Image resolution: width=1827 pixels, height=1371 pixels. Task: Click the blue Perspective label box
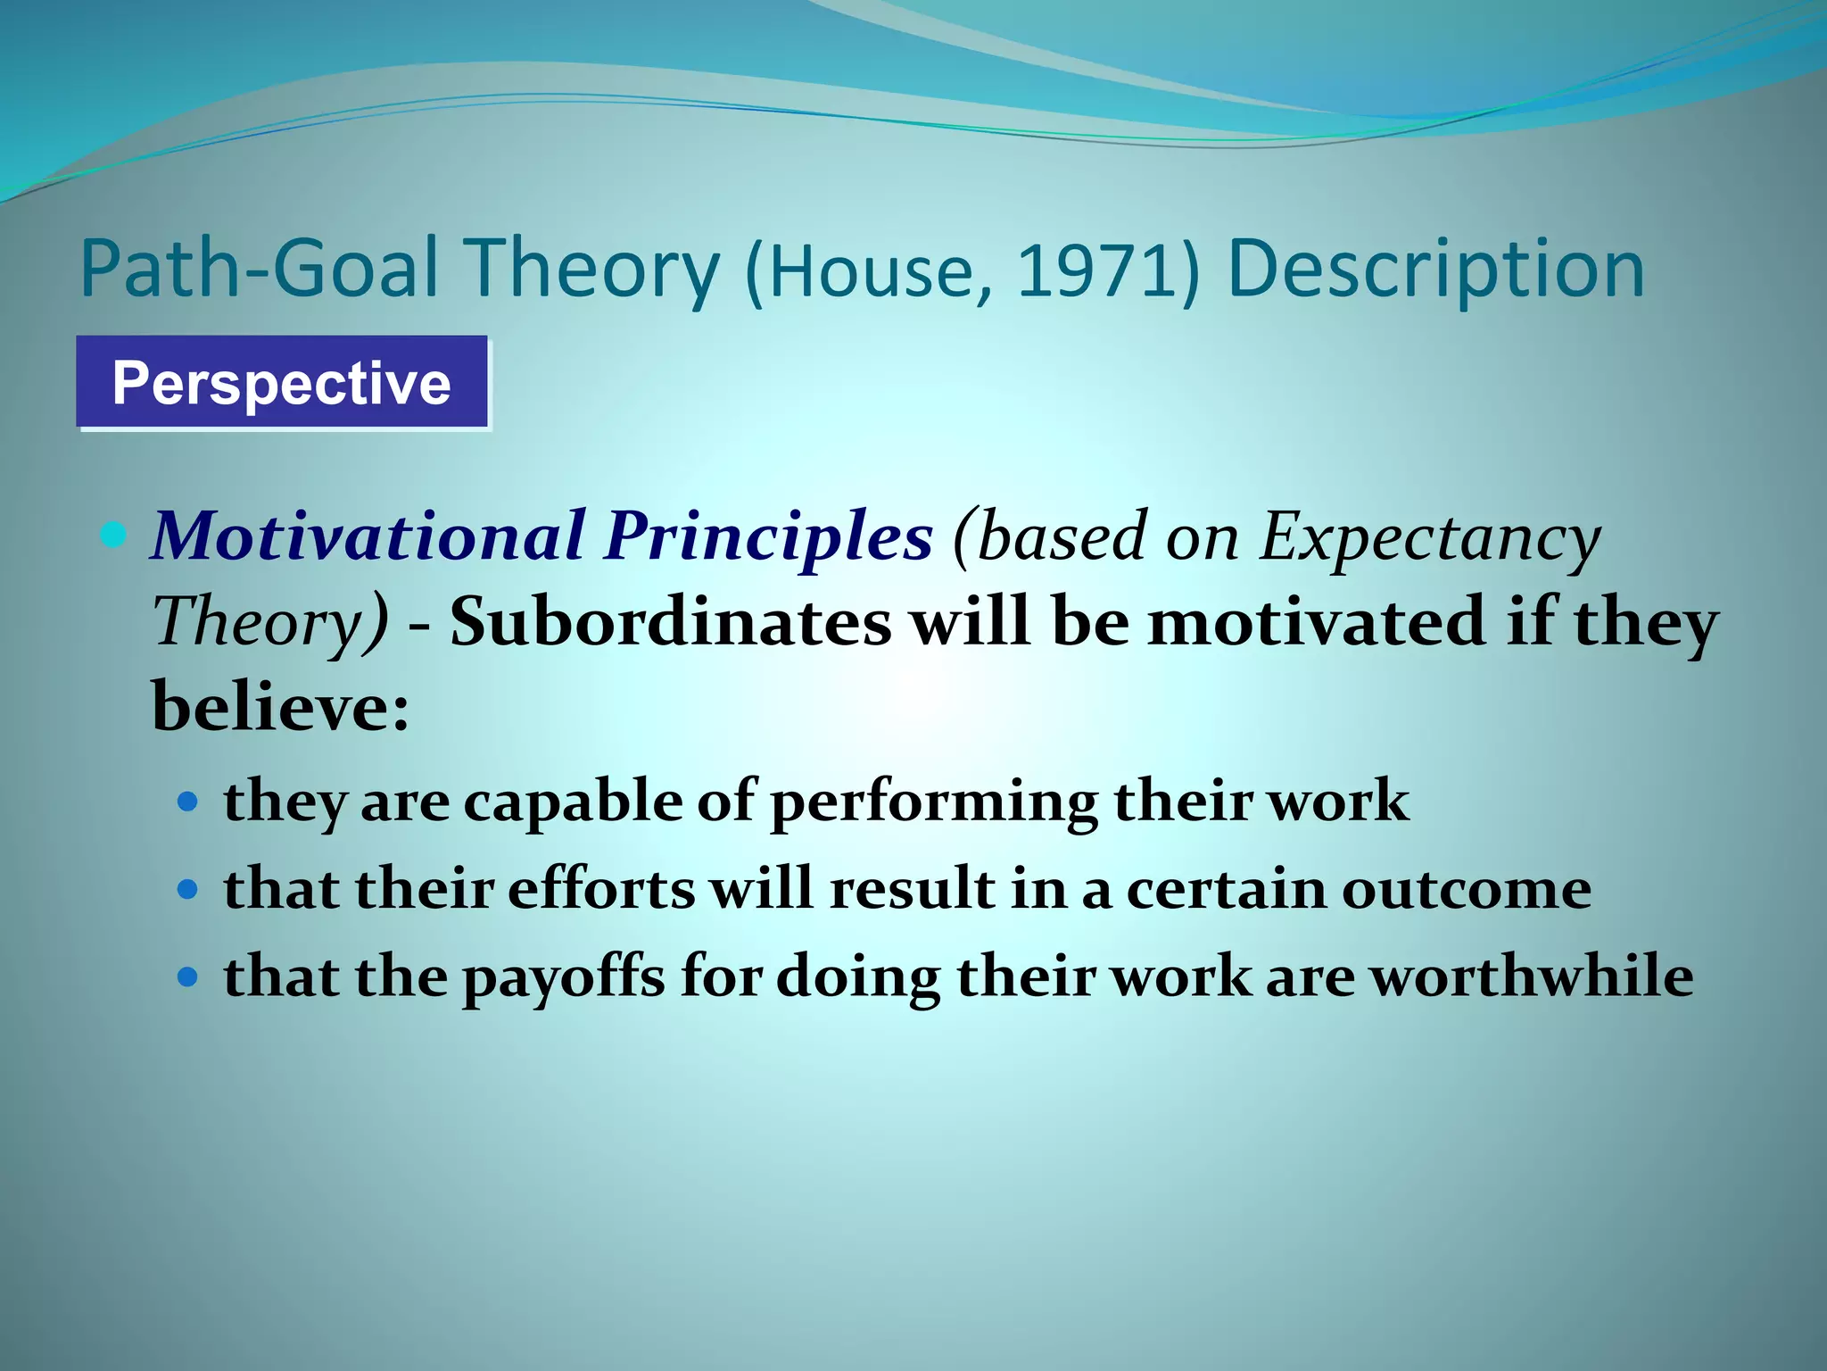(282, 382)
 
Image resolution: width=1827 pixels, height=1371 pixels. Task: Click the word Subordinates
(670, 622)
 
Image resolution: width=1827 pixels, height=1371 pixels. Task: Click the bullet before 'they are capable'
(187, 802)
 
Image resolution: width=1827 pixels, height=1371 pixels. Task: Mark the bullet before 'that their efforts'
(187, 890)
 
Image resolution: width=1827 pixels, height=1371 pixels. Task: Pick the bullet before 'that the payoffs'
(187, 976)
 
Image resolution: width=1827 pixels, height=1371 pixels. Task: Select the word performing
(933, 801)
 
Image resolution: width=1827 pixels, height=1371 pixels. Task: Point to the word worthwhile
(1531, 976)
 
